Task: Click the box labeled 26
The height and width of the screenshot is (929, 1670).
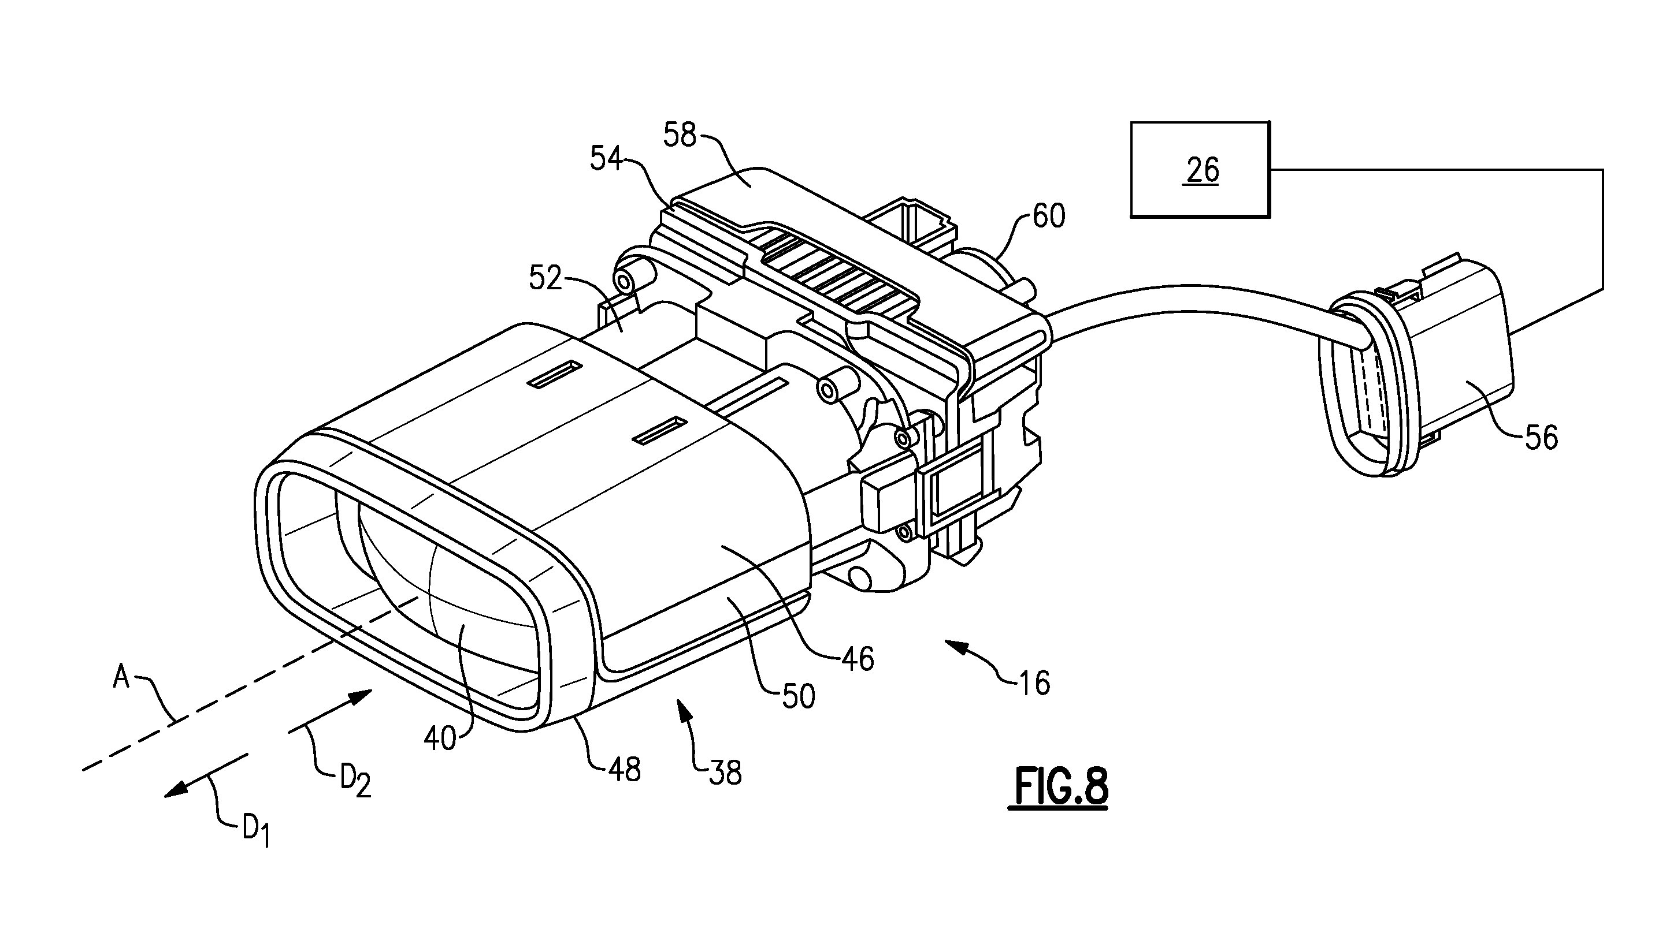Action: click(1200, 170)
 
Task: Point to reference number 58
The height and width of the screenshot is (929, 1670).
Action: click(679, 136)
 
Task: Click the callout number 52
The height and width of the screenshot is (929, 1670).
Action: click(544, 278)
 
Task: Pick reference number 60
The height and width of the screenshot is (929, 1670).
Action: click(1048, 217)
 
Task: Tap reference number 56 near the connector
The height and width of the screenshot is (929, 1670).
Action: click(1541, 437)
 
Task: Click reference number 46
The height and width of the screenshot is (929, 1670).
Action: click(858, 658)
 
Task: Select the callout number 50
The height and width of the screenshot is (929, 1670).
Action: click(798, 696)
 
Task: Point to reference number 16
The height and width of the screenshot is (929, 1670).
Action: click(1034, 683)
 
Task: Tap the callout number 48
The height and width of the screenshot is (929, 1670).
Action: click(624, 769)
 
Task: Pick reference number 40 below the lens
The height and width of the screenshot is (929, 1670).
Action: click(440, 738)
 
